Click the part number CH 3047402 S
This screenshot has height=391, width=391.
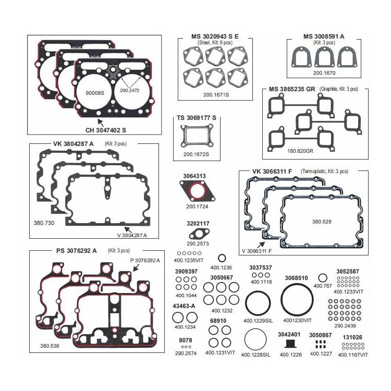coord(105,130)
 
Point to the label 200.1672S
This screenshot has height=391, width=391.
coord(196,154)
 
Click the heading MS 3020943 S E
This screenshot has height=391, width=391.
coord(215,36)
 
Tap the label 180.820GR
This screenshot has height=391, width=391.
coord(300,151)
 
